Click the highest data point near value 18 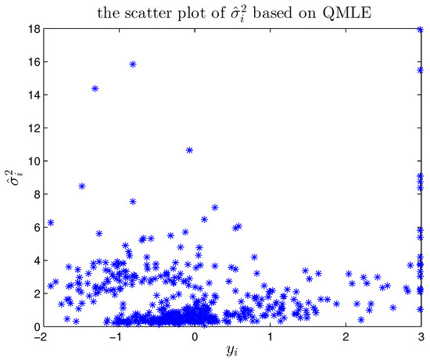coord(421,30)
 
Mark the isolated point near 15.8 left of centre coord(133,64)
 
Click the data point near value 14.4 coord(95,88)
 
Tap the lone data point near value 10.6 coord(189,150)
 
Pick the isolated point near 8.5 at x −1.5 coord(82,186)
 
